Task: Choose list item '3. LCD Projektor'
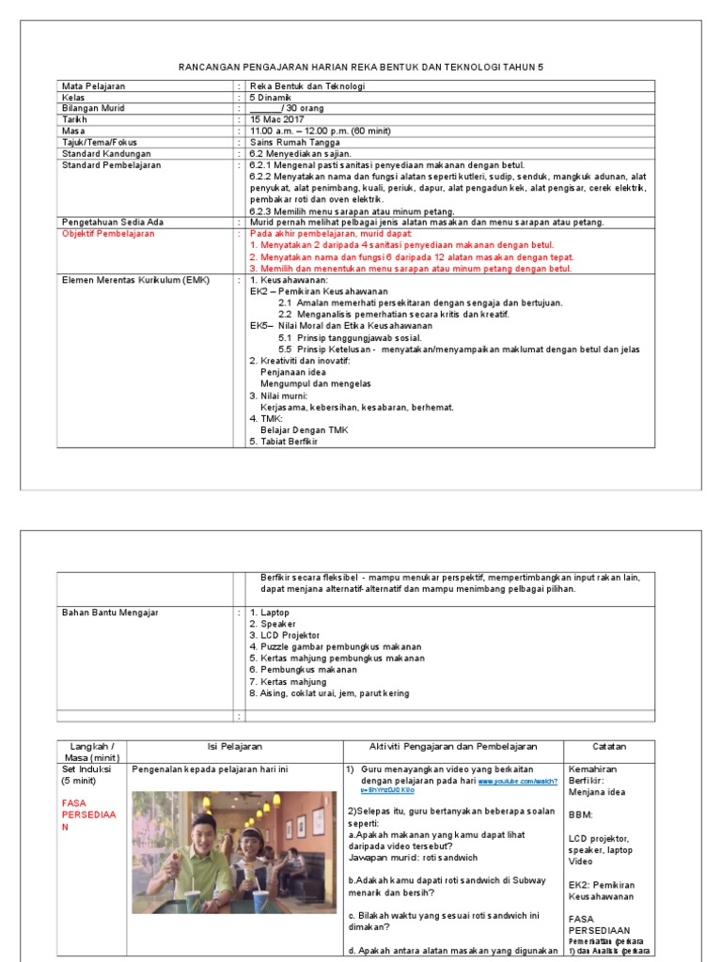pos(284,636)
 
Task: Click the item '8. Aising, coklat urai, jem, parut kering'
pos(329,693)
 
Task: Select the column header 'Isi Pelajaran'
pos(234,746)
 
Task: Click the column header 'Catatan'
pos(609,746)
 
